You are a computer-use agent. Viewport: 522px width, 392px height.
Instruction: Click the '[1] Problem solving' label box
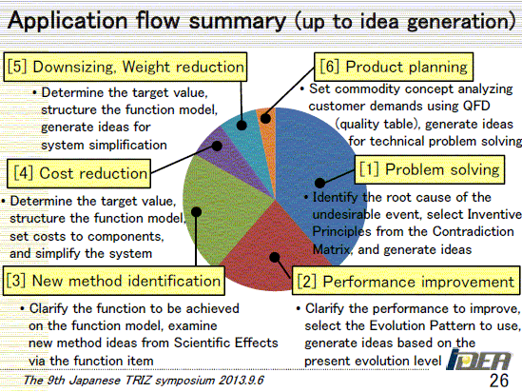tap(430, 169)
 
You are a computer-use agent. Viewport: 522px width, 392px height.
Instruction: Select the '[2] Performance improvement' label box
tap(406, 281)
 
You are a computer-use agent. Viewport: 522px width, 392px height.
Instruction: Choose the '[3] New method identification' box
tap(114, 281)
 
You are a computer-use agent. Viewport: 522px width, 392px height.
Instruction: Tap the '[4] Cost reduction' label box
tap(79, 173)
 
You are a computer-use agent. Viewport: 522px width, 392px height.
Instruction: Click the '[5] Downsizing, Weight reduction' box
tap(126, 67)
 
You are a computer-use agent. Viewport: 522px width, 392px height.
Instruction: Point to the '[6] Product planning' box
tap(394, 67)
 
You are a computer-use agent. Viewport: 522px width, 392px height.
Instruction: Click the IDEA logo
tap(478, 360)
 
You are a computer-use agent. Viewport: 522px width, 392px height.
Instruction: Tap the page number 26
tap(498, 381)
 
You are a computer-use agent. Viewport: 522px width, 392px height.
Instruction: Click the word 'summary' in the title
tap(238, 21)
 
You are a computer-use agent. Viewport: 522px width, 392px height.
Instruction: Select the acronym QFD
tap(476, 106)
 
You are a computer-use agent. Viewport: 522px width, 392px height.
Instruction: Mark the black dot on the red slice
tap(275, 257)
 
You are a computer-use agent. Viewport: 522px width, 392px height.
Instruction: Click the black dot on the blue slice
tap(319, 183)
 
